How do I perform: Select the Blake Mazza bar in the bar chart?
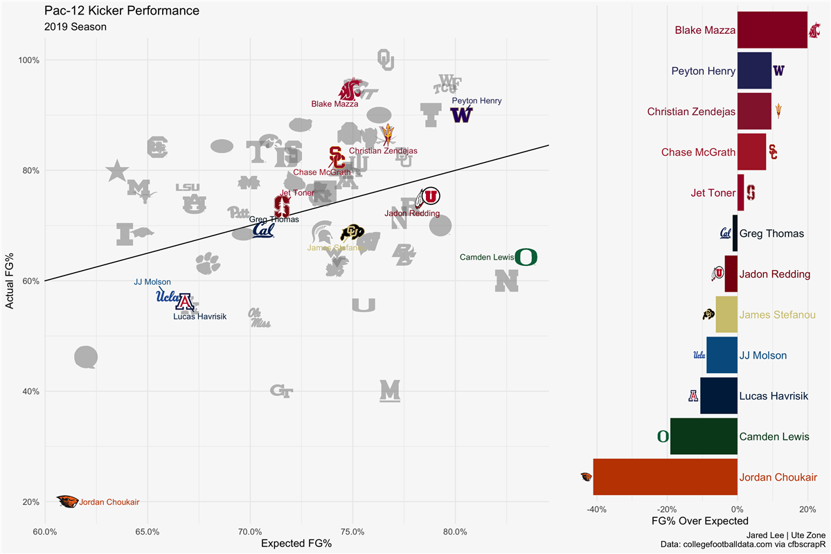click(772, 30)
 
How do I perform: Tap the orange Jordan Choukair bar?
click(665, 477)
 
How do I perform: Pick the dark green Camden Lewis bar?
click(704, 436)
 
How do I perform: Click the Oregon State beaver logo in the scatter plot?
click(67, 502)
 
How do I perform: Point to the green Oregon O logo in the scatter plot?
click(526, 258)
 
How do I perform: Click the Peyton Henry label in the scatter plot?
click(476, 100)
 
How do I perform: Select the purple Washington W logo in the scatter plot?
click(461, 115)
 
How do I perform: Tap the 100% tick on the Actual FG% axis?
click(28, 60)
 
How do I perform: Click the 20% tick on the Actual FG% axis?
click(28, 502)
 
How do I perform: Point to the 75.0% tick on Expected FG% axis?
click(352, 533)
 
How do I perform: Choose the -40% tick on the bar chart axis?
click(596, 510)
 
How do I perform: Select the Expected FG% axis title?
click(296, 544)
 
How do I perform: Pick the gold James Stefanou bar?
click(726, 314)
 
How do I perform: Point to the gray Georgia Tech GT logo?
click(281, 391)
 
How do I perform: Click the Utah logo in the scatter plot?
click(427, 197)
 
